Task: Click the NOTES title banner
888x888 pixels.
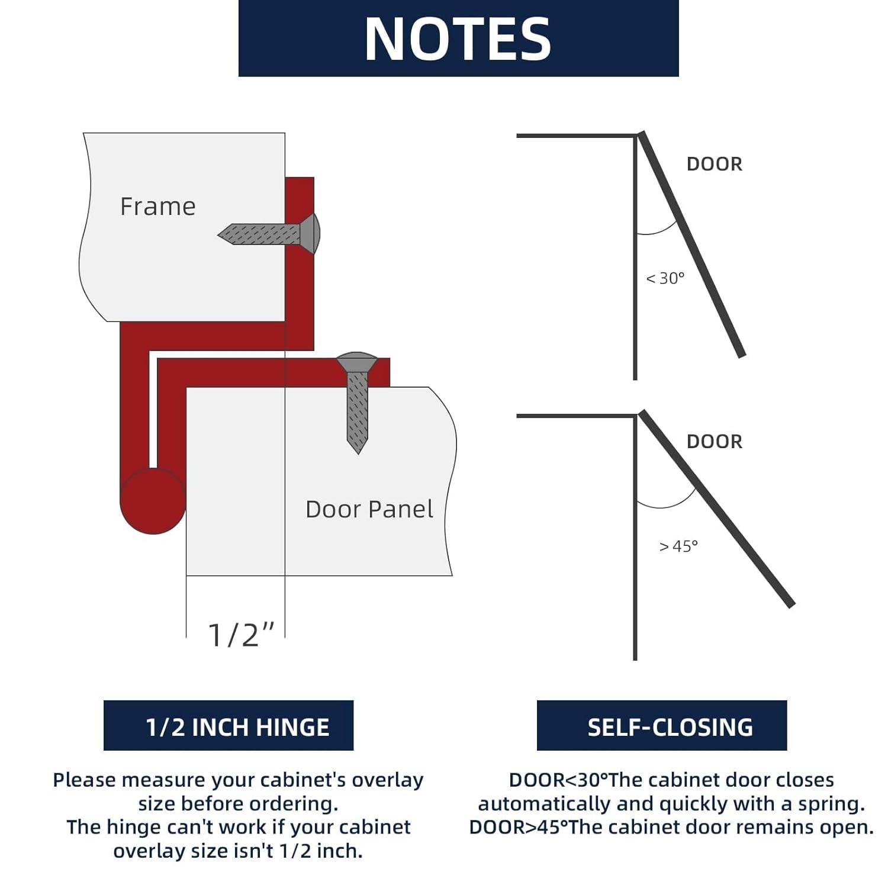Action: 458,38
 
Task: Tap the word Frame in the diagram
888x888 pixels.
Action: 157,207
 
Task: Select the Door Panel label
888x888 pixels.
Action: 369,509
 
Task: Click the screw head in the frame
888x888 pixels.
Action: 311,234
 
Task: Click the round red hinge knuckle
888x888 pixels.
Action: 153,501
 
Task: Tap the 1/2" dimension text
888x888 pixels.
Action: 242,635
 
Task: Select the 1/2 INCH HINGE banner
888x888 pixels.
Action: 229,726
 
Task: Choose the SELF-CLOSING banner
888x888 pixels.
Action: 662,726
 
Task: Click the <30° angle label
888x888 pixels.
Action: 665,278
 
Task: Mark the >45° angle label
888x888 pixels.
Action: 678,546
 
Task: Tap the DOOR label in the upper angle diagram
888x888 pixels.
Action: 714,164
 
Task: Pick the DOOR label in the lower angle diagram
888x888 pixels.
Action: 714,442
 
